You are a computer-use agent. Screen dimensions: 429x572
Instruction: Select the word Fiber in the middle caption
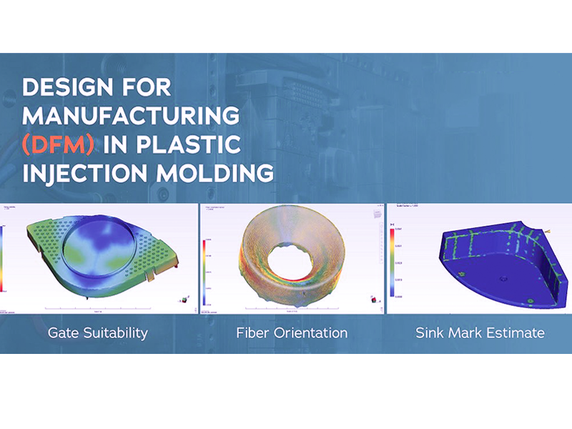pos(252,332)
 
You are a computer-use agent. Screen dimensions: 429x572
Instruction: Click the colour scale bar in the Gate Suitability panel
pos(3,257)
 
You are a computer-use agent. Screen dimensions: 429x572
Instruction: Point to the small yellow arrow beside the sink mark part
pos(547,232)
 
